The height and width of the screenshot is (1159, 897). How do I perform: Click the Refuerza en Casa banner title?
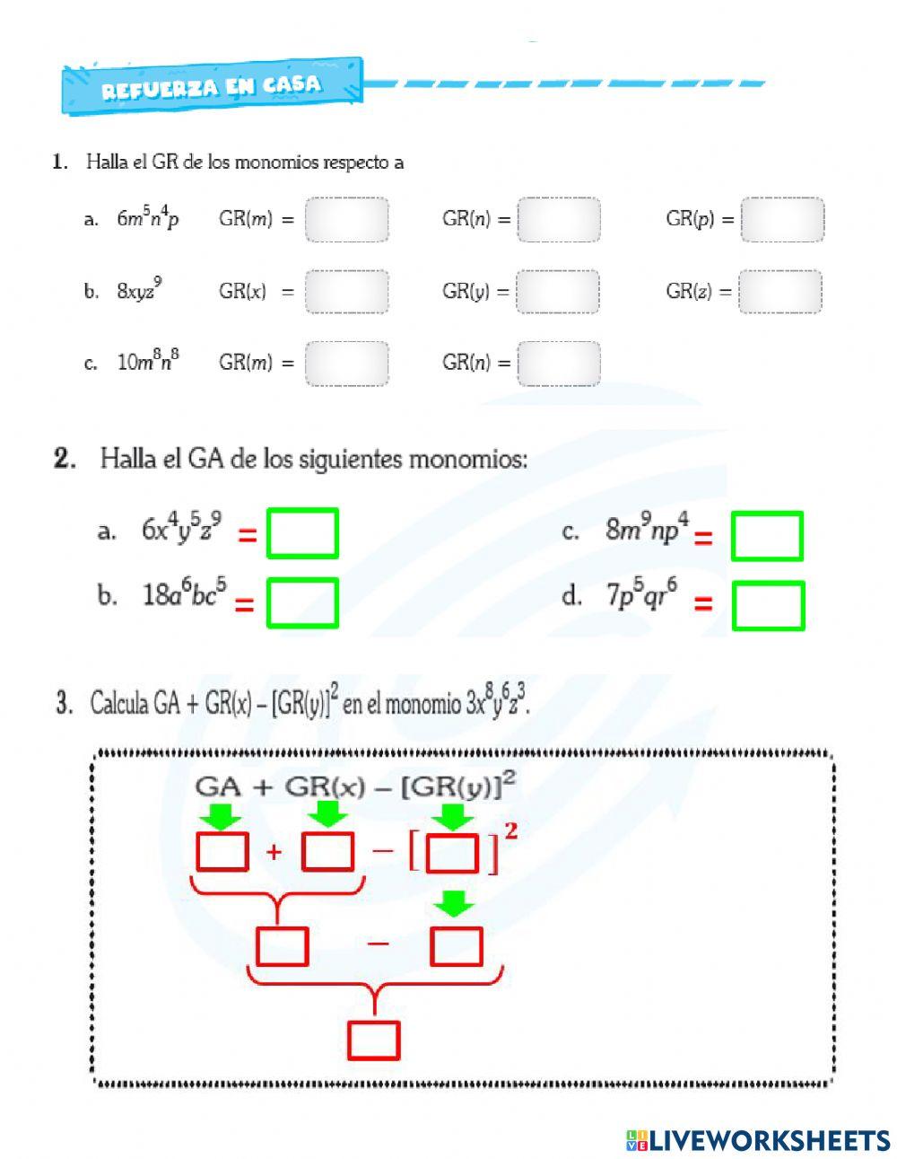(x=211, y=87)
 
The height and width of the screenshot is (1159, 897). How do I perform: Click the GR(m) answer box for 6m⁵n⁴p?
(x=346, y=220)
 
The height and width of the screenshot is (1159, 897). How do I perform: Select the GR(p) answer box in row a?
(x=781, y=220)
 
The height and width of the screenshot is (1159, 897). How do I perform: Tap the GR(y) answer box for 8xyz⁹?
(x=558, y=292)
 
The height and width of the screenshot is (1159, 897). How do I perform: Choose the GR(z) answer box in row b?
(x=779, y=292)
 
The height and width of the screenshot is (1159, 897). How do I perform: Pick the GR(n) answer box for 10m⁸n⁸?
(x=558, y=363)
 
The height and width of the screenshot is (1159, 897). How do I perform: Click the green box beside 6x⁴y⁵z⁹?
(x=302, y=533)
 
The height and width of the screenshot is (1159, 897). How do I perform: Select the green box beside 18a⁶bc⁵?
(x=302, y=602)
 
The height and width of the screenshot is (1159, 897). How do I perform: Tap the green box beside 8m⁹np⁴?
(x=767, y=536)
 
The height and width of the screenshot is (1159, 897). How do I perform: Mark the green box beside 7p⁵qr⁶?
(x=768, y=605)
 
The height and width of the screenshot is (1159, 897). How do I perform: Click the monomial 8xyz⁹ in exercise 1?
(x=139, y=290)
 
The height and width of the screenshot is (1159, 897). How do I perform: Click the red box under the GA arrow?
(x=222, y=851)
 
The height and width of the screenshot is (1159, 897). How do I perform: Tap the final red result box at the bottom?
(x=373, y=1040)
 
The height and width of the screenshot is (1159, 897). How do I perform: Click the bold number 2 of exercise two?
(x=63, y=459)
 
